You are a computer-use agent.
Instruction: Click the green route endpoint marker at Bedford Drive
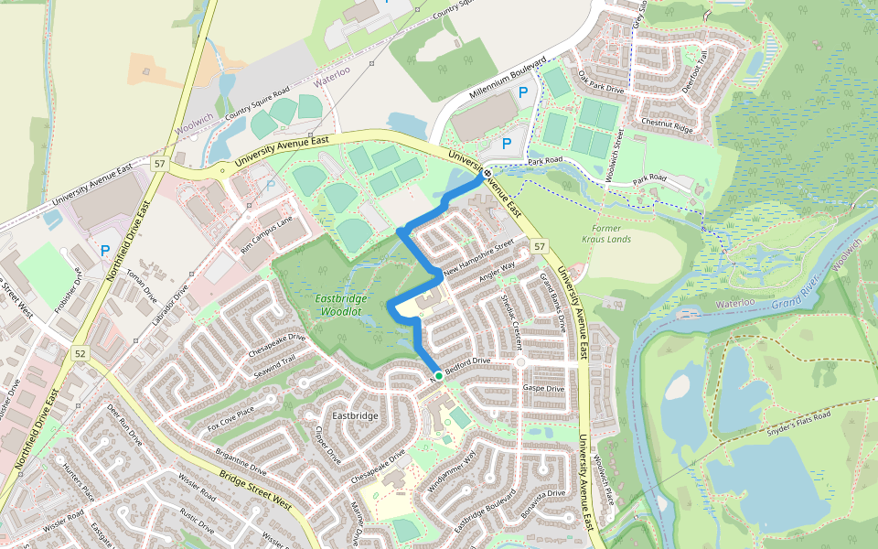pos(438,376)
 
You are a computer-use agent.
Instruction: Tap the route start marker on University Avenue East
pos(487,173)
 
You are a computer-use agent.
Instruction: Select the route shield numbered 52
pos(81,354)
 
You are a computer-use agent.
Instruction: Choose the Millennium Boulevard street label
pos(507,80)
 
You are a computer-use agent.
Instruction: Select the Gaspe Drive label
pos(543,388)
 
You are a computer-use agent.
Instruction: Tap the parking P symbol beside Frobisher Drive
pos(105,250)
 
